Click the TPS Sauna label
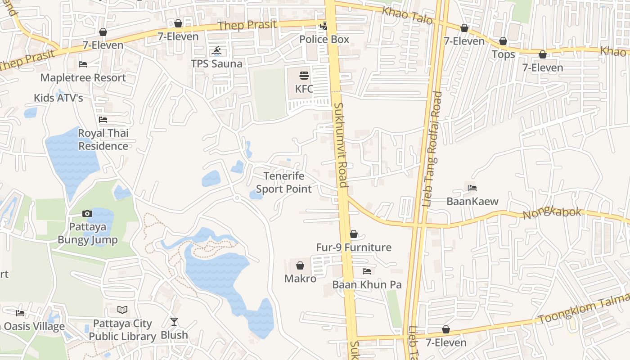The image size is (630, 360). point(216,63)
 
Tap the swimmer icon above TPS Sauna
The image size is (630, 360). point(217,50)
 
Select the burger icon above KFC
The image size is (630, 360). point(304,75)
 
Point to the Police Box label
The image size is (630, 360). point(324,39)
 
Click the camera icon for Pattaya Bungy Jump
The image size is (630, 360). point(87,213)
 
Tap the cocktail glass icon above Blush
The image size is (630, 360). point(174,322)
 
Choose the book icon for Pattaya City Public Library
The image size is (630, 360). point(122,310)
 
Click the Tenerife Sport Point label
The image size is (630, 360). point(283,182)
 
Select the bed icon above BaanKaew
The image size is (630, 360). point(472,188)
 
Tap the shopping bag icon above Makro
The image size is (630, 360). point(300,265)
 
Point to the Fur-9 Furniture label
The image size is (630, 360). point(354,247)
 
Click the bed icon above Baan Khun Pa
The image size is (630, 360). point(367,271)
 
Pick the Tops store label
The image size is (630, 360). point(503,54)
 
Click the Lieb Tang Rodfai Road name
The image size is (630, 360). point(432,148)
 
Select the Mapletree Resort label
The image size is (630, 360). point(83,77)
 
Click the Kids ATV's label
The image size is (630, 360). point(58,98)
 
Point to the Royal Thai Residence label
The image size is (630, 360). point(103,139)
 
